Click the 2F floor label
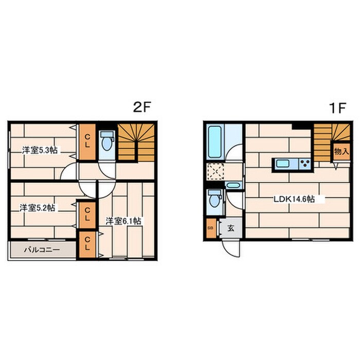141,107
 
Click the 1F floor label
337,108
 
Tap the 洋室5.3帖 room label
40,150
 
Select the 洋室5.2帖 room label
37,208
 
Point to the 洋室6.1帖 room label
123,221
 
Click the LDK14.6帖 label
294,199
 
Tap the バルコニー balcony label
42,249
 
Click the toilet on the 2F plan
107,141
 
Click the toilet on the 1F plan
214,199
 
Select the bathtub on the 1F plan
215,142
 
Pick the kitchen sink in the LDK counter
282,164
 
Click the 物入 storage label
341,152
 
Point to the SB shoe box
211,228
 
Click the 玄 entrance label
231,228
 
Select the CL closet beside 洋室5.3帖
87,142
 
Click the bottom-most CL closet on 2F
87,244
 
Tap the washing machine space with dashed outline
216,171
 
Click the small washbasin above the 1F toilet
233,185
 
